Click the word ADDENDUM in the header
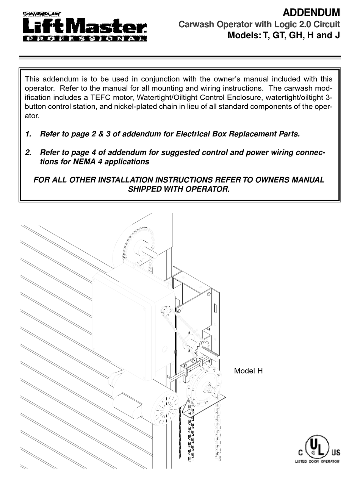[311, 13]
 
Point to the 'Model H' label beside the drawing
[248, 371]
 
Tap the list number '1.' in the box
[28, 134]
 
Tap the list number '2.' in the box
[28, 152]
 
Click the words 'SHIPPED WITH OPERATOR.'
[179, 189]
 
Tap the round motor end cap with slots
[165, 408]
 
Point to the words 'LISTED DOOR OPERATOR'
[317, 461]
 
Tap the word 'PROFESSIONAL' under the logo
[85, 39]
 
